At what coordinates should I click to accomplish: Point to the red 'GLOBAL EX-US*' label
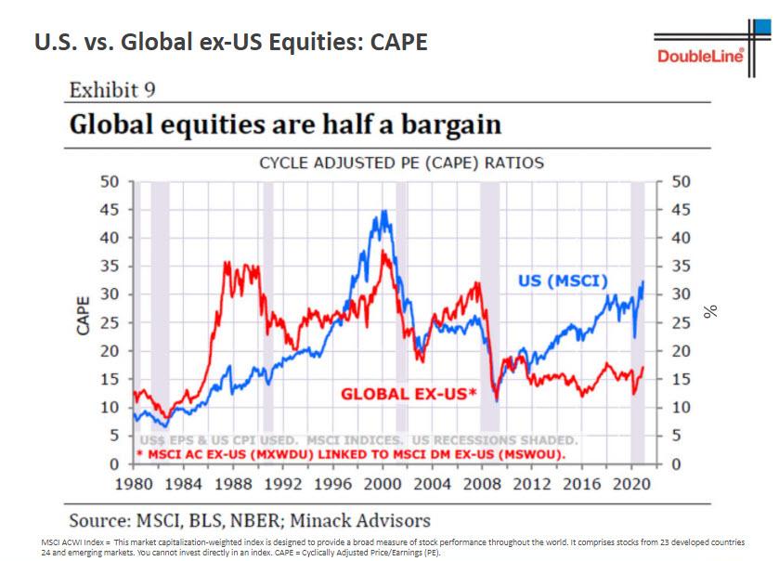(x=408, y=394)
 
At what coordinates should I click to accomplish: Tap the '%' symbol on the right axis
(x=712, y=311)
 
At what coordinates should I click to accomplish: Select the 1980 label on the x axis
(x=135, y=484)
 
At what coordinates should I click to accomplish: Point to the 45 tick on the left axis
(x=110, y=209)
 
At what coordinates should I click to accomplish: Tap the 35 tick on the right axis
(x=681, y=267)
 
